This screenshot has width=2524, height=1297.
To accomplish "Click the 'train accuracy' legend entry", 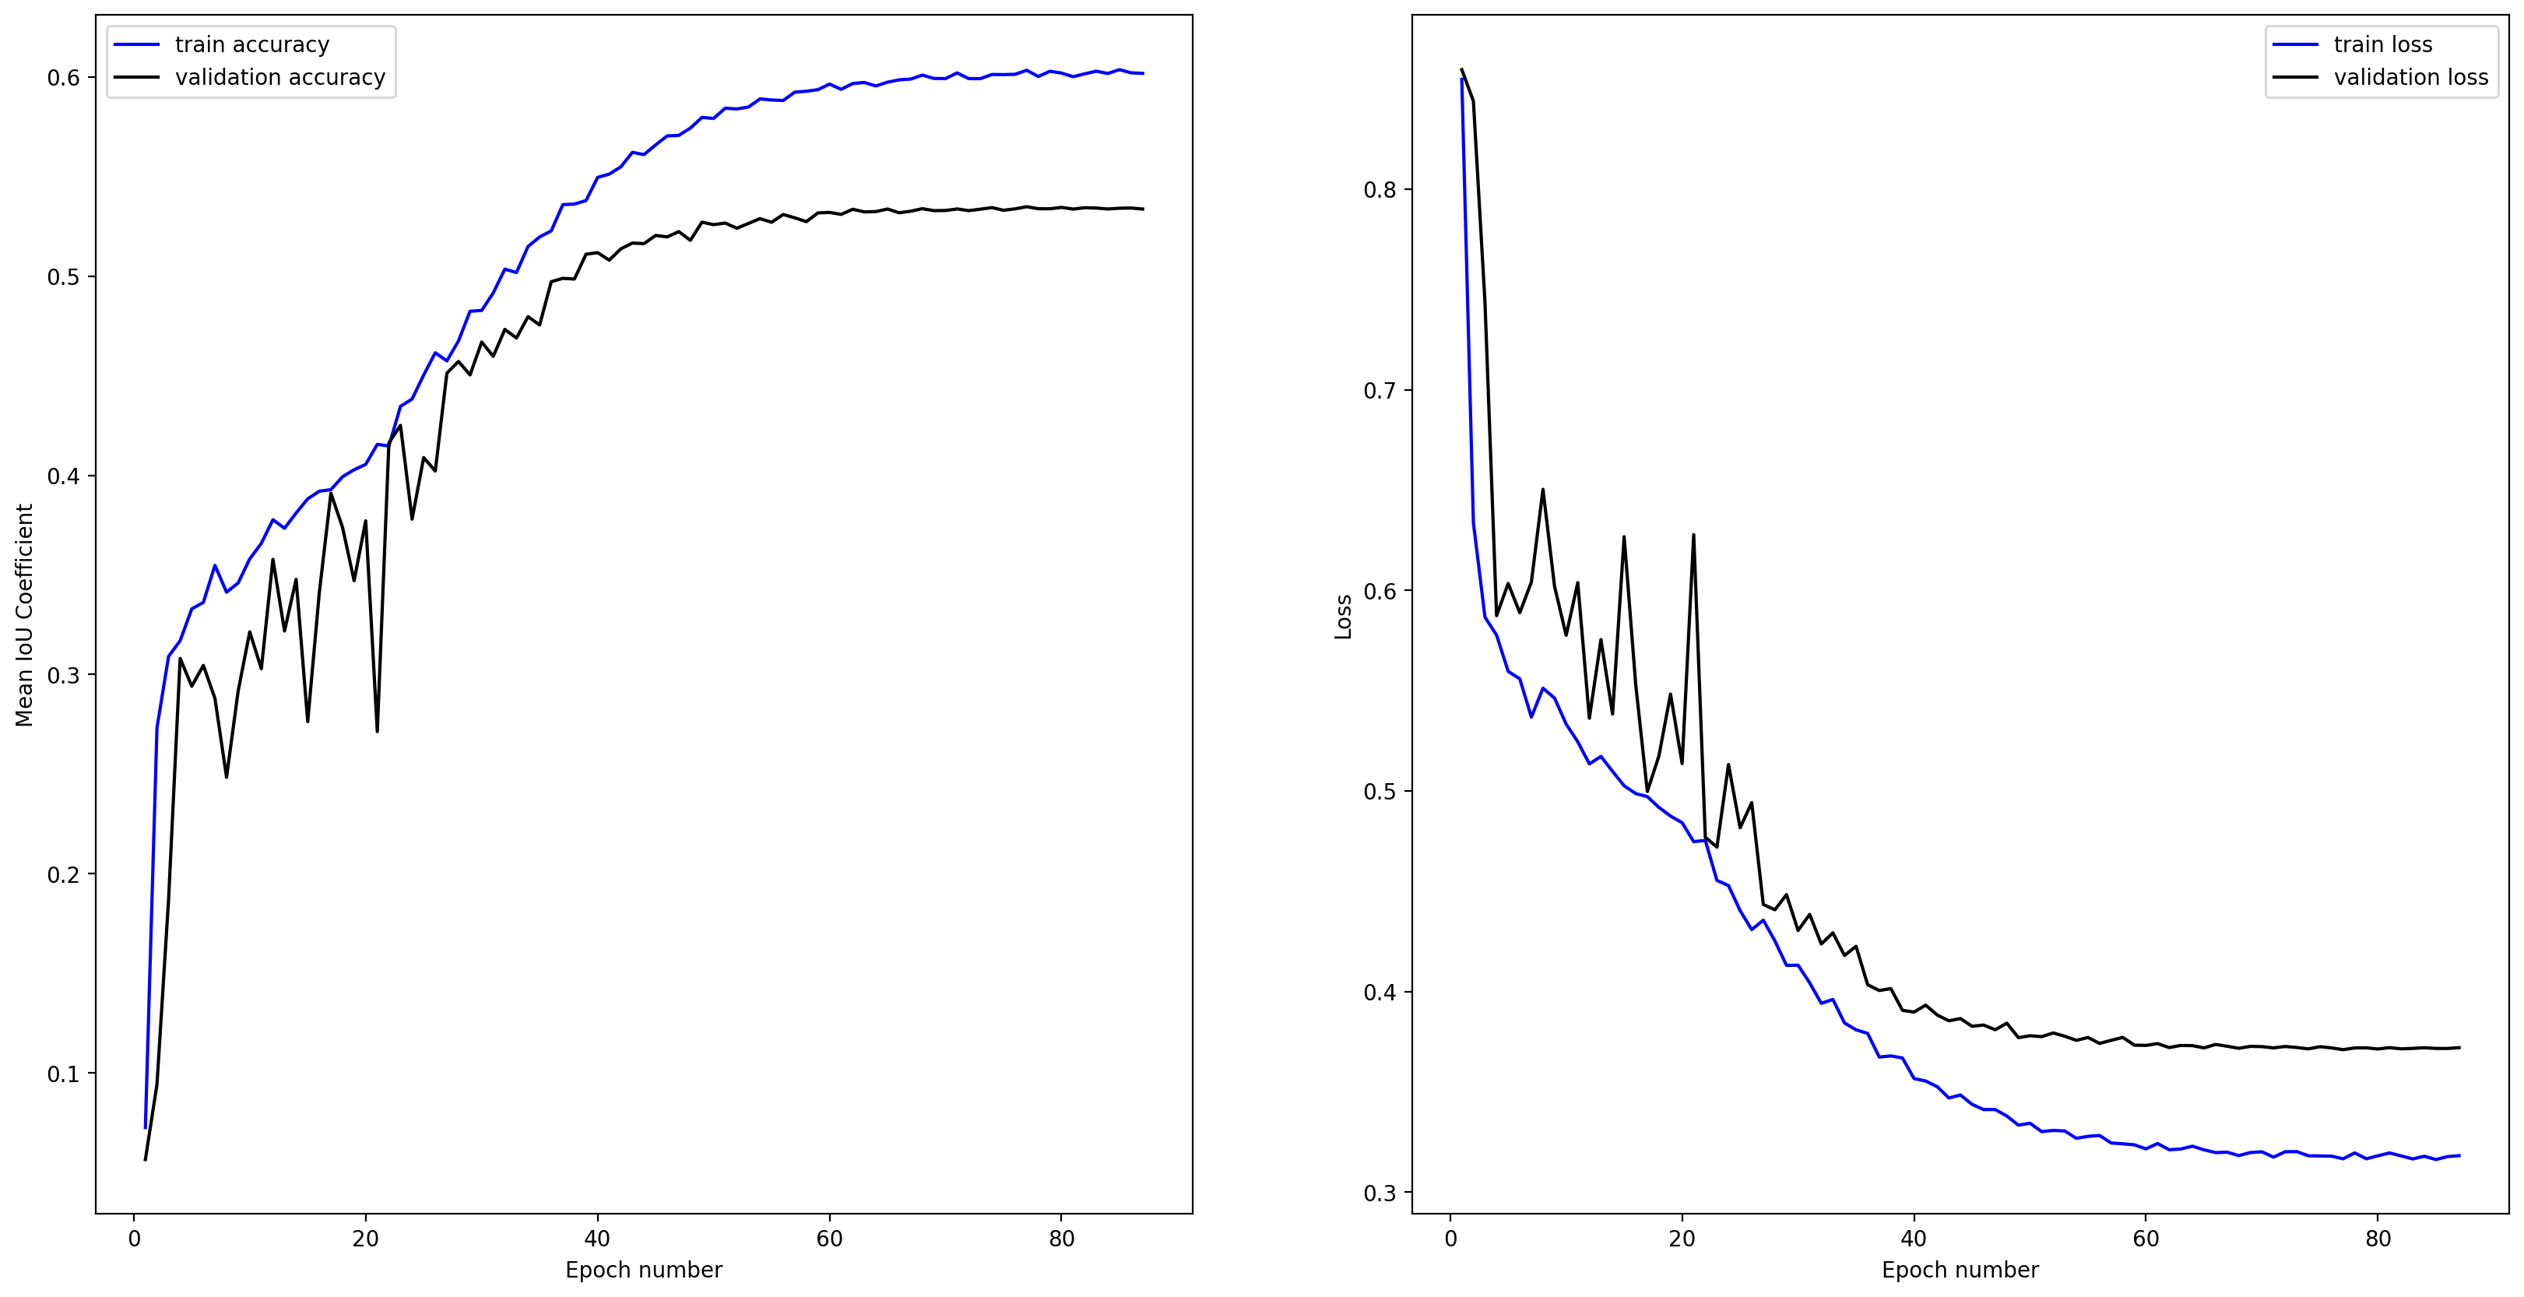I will tap(251, 45).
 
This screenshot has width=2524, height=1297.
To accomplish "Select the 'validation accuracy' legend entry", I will tap(279, 77).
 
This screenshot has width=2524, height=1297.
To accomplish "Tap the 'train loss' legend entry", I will tap(2382, 45).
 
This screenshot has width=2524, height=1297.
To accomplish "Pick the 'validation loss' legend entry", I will tap(2410, 77).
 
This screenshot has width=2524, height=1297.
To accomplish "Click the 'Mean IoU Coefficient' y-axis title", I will tap(24, 615).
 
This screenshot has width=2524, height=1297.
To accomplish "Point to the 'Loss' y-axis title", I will tap(1343, 617).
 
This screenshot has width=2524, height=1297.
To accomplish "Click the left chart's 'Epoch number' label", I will tap(644, 1271).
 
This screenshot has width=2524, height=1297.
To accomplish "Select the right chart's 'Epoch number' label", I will tap(1960, 1271).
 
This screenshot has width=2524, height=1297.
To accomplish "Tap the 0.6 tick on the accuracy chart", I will tap(64, 79).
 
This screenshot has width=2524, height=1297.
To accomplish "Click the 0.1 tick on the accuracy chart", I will tap(64, 1074).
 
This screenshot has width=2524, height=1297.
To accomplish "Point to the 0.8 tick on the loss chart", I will tap(1380, 190).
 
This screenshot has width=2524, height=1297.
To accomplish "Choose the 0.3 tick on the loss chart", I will tap(1380, 1193).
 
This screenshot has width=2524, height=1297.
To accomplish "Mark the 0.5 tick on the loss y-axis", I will tap(1380, 792).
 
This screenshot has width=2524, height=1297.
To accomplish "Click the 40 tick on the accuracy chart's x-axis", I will tap(596, 1239).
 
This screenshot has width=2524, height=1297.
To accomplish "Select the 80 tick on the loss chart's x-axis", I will tap(2378, 1239).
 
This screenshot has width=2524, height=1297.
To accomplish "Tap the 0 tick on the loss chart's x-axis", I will tap(1451, 1239).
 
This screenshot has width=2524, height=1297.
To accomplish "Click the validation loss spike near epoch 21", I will tap(1693, 535).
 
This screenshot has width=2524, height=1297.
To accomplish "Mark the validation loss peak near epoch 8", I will tap(1543, 489).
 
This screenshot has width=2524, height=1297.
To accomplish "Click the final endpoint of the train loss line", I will tap(2459, 1156).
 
